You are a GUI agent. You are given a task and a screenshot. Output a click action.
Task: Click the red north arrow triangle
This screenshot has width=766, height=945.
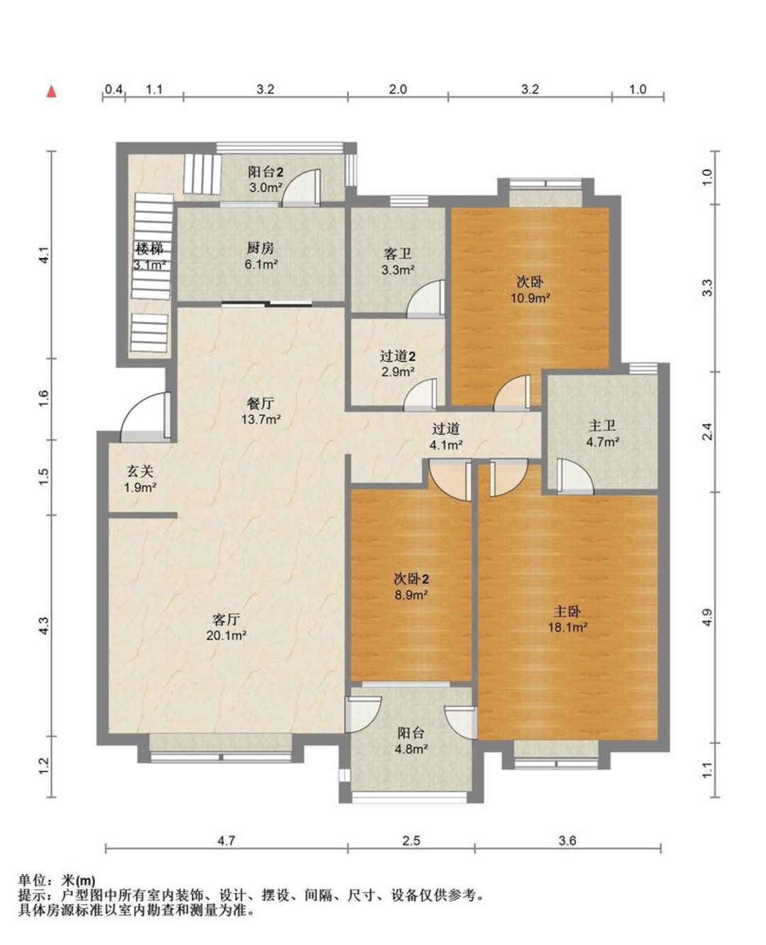click(x=52, y=91)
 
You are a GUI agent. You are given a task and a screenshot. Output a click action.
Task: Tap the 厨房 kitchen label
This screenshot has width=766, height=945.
click(x=260, y=248)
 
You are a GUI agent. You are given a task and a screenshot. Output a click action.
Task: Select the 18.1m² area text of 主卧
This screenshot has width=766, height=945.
click(x=568, y=627)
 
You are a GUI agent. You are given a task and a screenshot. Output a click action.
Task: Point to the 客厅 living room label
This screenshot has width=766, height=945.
click(x=226, y=619)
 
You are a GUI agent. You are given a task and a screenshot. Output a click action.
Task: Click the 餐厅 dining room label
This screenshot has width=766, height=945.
click(x=260, y=403)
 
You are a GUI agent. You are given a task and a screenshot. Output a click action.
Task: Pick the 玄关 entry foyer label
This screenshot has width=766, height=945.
click(x=140, y=471)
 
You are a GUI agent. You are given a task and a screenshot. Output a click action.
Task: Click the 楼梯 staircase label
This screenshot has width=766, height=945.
click(x=150, y=249)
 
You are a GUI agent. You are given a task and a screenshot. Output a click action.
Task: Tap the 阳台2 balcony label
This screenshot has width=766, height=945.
click(x=265, y=172)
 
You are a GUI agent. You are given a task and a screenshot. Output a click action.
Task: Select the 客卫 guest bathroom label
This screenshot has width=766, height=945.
click(x=398, y=254)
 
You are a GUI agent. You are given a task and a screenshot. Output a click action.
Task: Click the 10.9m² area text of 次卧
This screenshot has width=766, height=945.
click(x=531, y=297)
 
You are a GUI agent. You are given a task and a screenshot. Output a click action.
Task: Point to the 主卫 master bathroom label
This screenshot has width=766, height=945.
click(x=602, y=426)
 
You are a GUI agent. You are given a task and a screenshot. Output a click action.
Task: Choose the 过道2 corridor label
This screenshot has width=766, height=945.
click(x=398, y=356)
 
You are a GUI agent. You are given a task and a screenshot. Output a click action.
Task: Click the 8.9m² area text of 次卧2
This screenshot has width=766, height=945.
click(x=411, y=595)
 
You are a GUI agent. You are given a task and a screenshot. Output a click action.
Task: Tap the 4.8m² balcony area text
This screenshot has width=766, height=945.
click(x=411, y=749)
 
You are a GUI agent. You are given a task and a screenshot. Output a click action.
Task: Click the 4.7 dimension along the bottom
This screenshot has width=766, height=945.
click(x=226, y=840)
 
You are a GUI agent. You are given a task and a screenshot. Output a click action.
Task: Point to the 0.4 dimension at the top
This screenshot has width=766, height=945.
click(x=113, y=89)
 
